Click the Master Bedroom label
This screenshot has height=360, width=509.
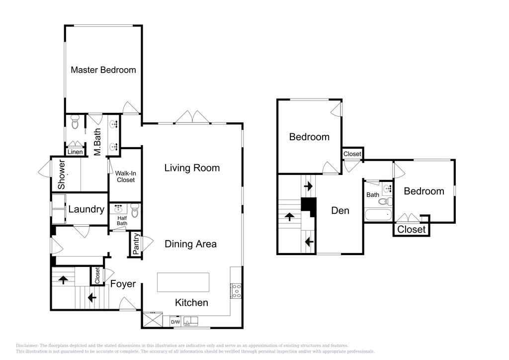point(103,70)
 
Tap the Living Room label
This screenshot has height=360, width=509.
point(192,168)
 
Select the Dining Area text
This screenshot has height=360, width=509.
point(190,244)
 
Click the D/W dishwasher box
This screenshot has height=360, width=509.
point(175,322)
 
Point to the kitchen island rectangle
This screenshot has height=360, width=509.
point(183,282)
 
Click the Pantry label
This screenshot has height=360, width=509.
point(136,244)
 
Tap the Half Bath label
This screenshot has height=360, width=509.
point(122,221)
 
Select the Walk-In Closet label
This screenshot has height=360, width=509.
point(126,177)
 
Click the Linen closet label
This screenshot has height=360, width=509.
point(76,152)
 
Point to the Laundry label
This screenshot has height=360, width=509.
point(86,209)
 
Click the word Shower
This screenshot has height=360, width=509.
point(61,175)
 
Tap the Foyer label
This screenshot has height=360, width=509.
point(123,284)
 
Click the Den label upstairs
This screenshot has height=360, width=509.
point(340,211)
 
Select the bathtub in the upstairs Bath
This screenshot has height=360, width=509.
point(378,215)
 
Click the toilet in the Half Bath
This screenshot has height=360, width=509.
point(135,211)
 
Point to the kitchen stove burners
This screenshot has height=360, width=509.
point(236,291)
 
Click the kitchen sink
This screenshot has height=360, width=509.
point(190,321)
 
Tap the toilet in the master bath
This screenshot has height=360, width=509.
point(76,122)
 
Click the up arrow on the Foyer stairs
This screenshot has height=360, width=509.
point(63,279)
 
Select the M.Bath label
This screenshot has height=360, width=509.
point(97,142)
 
